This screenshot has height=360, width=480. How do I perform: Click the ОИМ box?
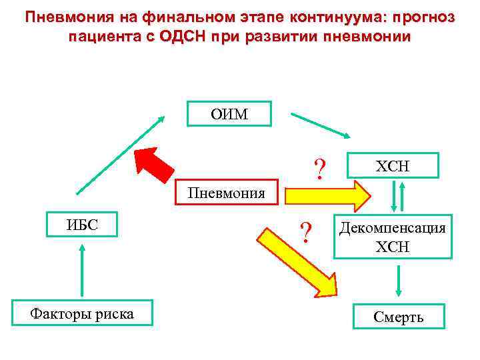pyautogui.click(x=229, y=114)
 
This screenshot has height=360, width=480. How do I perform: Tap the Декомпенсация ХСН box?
pyautogui.click(x=392, y=237)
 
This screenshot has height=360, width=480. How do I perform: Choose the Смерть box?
pyautogui.click(x=399, y=317)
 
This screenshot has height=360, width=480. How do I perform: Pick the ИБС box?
pyautogui.click(x=82, y=224)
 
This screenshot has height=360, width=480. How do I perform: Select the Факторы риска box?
pyautogui.click(x=82, y=313)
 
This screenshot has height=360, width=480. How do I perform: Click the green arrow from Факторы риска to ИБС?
pyautogui.click(x=82, y=269)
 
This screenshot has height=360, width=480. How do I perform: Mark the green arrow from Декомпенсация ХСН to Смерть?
pyautogui.click(x=399, y=281)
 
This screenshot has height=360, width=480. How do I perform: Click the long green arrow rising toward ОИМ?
pyautogui.click(x=121, y=154)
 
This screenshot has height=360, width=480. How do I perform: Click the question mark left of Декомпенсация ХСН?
pyautogui.click(x=306, y=233)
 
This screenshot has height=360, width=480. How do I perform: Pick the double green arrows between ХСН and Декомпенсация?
pyautogui.click(x=397, y=196)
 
